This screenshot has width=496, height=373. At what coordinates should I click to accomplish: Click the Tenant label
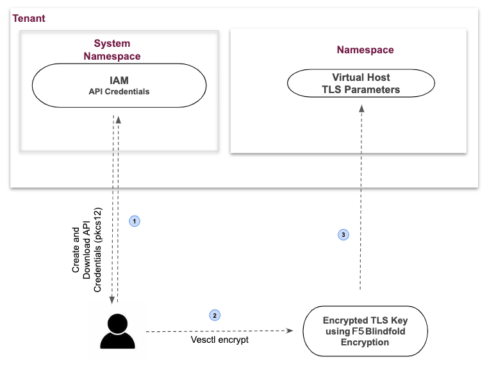click(29, 18)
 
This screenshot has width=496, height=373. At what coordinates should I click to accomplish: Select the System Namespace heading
click(112, 50)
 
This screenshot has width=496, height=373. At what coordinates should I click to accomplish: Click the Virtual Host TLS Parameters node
click(361, 83)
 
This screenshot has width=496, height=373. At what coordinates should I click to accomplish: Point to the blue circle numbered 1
click(135, 221)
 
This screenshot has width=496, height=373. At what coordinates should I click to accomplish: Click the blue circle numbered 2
click(215, 315)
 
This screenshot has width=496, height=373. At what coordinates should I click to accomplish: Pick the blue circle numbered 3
click(343, 235)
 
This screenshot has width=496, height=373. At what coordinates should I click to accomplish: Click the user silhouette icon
click(118, 331)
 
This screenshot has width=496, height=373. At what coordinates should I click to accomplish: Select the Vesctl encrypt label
click(219, 339)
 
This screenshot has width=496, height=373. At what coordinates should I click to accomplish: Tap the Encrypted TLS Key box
click(365, 331)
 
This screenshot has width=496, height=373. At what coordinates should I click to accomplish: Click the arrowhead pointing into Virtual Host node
click(361, 110)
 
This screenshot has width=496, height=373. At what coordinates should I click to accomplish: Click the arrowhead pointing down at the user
click(112, 300)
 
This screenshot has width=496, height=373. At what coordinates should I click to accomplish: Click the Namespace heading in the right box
click(365, 49)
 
